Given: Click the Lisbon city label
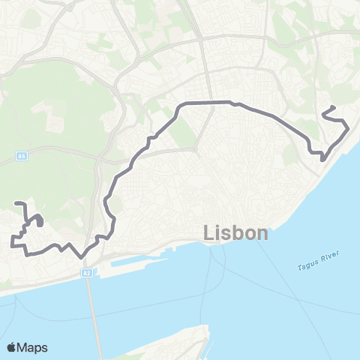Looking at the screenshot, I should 235,233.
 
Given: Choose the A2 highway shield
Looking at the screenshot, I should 87,274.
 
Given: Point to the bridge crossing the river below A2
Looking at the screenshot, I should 93,315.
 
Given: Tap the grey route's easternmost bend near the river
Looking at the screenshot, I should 348,129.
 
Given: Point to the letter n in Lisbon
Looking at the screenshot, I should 261,233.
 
